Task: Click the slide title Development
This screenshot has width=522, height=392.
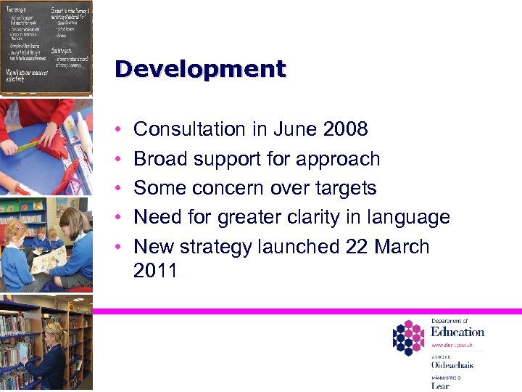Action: (x=200, y=70)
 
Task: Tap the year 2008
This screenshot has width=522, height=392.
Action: (x=346, y=129)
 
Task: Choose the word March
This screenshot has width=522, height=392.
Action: (x=402, y=247)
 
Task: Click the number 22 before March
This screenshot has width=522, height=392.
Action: (x=357, y=247)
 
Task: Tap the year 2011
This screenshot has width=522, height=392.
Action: (x=155, y=271)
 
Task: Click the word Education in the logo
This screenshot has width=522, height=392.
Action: (x=457, y=332)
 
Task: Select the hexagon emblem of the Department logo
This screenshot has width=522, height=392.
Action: (x=409, y=338)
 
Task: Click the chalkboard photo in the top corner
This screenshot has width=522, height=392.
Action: (x=46, y=47)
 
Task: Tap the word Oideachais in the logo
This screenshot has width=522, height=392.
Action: (x=452, y=364)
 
